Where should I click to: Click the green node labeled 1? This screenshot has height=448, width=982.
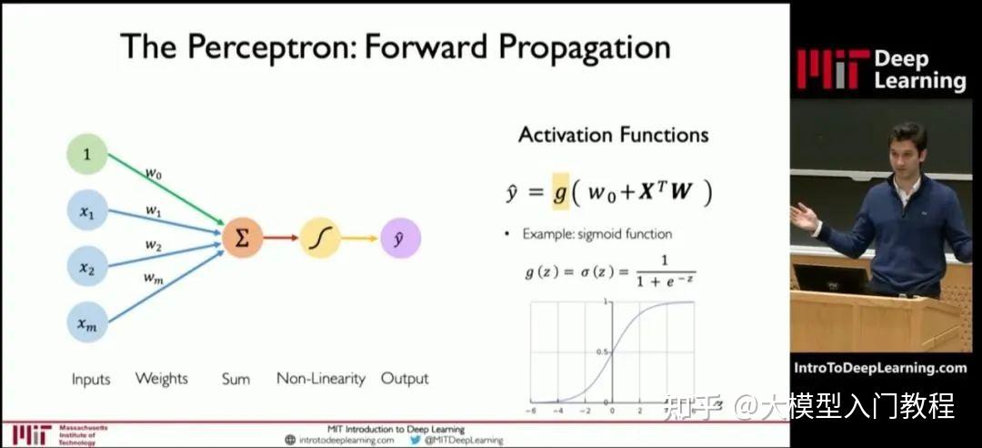[x=87, y=154]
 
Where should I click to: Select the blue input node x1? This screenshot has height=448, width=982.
[x=87, y=210]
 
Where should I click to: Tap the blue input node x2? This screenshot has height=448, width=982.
[x=87, y=266]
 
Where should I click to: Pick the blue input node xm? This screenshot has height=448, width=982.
[x=87, y=322]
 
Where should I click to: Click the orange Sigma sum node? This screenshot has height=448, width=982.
[x=243, y=238]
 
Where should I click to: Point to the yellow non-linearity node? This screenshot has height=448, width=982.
[x=320, y=238]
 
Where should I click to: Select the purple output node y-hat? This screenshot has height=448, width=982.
[x=400, y=238]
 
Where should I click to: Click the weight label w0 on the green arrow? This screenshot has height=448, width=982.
[x=154, y=174]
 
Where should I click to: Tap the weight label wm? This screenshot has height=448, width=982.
[x=154, y=279]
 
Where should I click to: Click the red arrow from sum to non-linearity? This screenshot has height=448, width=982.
[x=281, y=238]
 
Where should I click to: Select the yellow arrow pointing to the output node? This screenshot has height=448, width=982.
[x=360, y=238]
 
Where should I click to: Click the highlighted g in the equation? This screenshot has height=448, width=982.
[x=560, y=191]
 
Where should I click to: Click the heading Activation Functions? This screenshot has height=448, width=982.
[x=614, y=135]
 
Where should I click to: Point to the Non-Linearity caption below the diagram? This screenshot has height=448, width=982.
[x=321, y=379]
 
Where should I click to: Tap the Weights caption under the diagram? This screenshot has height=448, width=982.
[x=162, y=379]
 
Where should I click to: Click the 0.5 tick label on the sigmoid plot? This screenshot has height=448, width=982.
[x=604, y=351]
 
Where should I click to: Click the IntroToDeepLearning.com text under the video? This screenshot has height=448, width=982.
[x=880, y=368]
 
